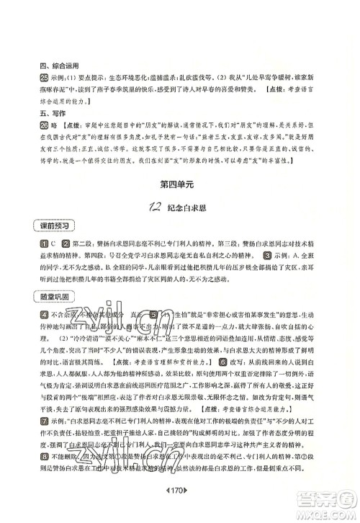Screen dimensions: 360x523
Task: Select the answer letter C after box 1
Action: coord(35,245)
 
